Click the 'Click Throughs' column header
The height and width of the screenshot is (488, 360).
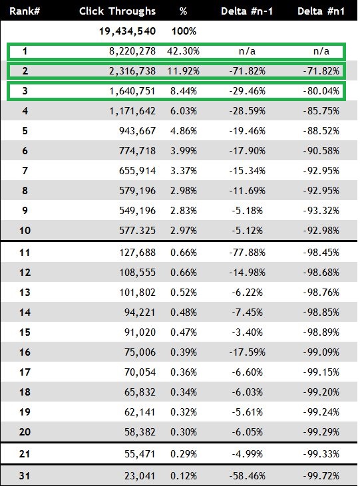[117, 11]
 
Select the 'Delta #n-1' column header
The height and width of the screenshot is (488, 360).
[247, 11]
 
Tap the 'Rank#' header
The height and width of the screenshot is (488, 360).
[25, 11]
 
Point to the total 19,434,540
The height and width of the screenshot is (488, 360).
[127, 31]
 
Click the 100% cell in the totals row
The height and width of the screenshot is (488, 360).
[184, 31]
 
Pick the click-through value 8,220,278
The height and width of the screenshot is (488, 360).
[132, 51]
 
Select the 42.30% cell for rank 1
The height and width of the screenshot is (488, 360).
[183, 51]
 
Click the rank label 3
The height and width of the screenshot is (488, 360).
[25, 91]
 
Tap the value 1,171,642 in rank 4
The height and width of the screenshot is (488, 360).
[132, 111]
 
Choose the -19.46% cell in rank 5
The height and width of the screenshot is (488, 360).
[248, 131]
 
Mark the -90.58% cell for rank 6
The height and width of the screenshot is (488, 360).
[321, 151]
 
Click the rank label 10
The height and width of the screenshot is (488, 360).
[25, 230]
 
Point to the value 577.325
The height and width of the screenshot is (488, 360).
[137, 230]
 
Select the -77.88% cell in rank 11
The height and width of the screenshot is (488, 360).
[248, 253]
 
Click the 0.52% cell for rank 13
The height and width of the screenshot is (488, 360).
[184, 293]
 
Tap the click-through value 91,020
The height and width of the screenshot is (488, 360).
[140, 332]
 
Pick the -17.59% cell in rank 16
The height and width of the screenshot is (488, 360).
[248, 352]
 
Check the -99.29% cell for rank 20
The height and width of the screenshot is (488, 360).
[321, 431]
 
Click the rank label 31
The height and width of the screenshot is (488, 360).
[25, 476]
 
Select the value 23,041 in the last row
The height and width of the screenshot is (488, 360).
[140, 476]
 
